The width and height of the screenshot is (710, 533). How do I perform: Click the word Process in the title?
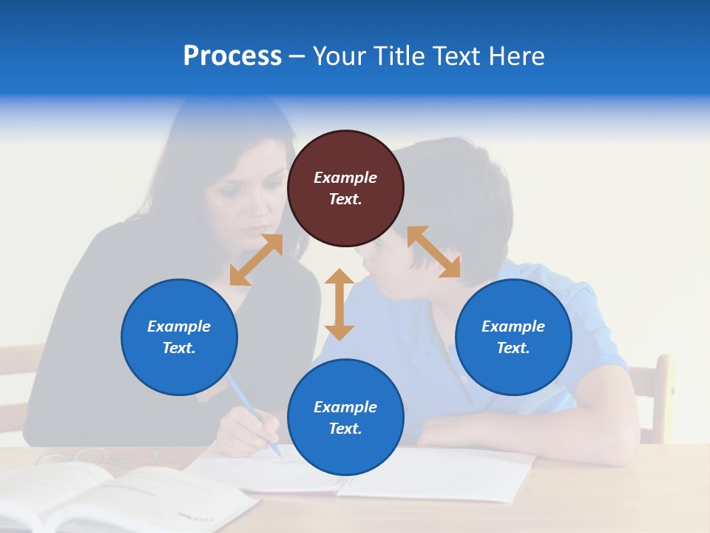click(232, 56)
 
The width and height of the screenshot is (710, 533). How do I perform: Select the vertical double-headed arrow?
click(339, 304)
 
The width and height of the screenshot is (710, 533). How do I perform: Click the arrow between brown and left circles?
click(256, 260)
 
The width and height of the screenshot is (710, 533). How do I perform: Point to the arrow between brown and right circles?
click(433, 252)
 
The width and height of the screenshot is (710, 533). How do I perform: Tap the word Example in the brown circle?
click(345, 178)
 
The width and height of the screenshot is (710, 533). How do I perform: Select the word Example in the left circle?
click(179, 326)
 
